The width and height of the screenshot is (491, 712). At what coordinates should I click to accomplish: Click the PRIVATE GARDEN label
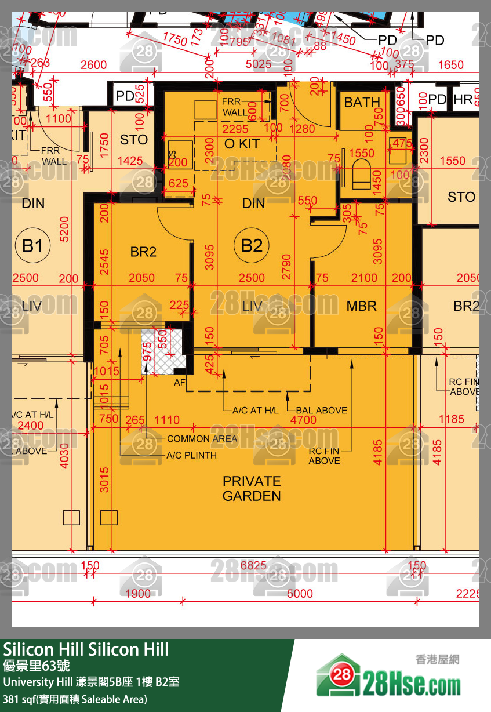coord(252,488)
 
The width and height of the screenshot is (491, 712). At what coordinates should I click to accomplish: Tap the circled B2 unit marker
coord(252,246)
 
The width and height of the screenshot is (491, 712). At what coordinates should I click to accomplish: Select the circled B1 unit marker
coord(32,246)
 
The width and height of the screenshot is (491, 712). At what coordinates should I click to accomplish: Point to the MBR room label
coord(361,306)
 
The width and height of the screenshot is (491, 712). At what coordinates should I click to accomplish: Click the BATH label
coord(362,103)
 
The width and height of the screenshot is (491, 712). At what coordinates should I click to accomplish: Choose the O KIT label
coord(242,144)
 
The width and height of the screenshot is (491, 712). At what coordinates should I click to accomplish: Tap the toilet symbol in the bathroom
coord(361,175)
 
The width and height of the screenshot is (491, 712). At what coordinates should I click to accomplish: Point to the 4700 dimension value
coord(303,420)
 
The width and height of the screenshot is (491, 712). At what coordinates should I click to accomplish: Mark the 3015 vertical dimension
coord(104,479)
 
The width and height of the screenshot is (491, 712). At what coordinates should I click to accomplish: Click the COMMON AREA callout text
coord(202,439)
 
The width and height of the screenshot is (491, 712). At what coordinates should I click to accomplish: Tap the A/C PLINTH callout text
coord(192,455)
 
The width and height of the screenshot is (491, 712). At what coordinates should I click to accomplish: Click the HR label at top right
coord(463,100)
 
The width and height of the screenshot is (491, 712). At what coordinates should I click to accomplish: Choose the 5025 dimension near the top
coord(259,64)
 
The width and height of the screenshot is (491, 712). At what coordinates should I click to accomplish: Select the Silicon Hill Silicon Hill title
coord(86,649)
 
